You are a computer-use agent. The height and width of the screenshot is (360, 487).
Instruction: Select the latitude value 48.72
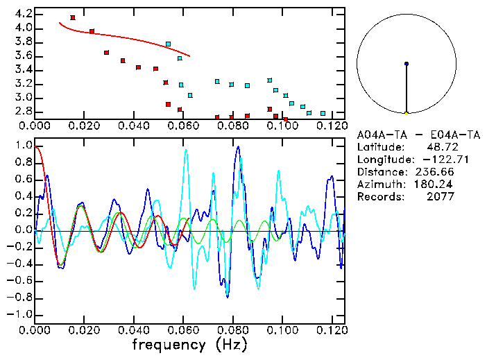440,147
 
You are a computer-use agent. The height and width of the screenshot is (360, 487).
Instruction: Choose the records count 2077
440,197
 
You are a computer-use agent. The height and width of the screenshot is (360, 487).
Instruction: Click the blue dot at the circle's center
407,64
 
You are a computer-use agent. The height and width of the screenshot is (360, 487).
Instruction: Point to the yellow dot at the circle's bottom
407,112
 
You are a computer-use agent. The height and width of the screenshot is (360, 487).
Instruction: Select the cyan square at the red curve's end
168,44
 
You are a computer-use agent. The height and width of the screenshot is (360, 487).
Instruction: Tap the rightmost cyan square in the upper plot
323,113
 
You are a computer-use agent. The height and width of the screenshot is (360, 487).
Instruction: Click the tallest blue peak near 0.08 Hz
238,147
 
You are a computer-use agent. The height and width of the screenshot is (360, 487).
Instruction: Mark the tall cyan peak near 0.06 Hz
186,151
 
